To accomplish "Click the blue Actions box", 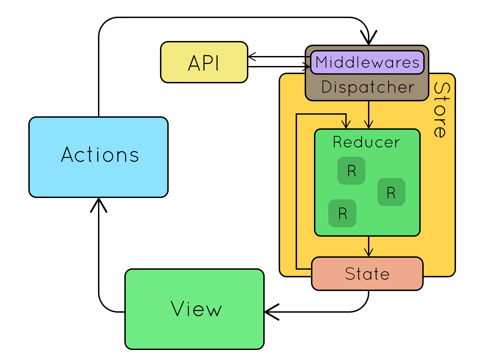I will pyautogui.click(x=98, y=157).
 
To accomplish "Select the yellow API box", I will pyautogui.click(x=204, y=62).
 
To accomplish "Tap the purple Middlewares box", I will pyautogui.click(x=367, y=62).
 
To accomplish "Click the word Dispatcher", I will pyautogui.click(x=368, y=87).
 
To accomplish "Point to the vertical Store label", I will pyautogui.click(x=440, y=110).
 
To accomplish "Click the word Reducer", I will pyautogui.click(x=366, y=142).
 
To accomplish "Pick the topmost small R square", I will pyautogui.click(x=351, y=171).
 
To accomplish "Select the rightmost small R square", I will pyautogui.click(x=391, y=192).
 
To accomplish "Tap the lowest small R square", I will pyautogui.click(x=342, y=213).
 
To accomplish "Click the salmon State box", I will pyautogui.click(x=367, y=274).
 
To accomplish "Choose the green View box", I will pyautogui.click(x=194, y=309).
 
